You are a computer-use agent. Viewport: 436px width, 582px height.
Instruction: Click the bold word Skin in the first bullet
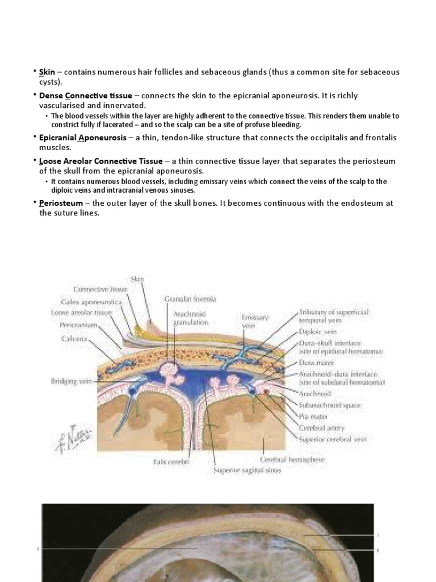(47, 72)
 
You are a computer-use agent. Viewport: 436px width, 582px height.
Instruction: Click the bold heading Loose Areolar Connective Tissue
(100, 161)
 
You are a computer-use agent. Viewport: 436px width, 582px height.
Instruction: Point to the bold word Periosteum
(61, 203)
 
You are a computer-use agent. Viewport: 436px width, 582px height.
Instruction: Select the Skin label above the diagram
(138, 279)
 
